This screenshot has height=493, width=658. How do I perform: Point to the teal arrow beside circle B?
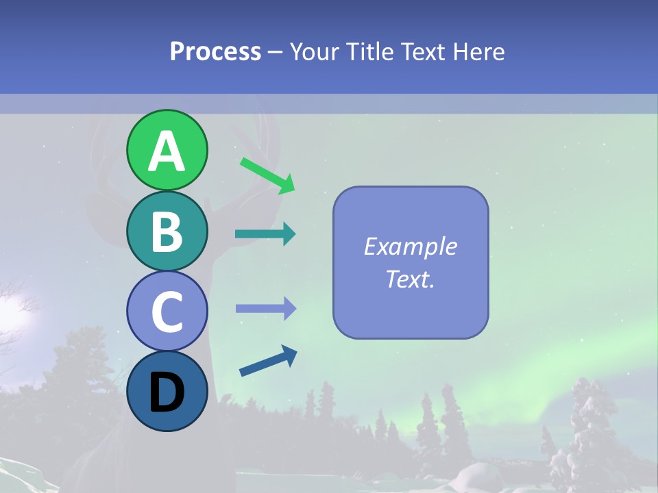click(265, 234)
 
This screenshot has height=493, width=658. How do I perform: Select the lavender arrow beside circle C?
click(266, 309)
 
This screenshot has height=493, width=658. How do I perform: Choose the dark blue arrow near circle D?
click(268, 362)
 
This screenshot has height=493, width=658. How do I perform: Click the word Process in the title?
click(215, 52)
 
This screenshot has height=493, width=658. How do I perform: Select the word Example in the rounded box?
click(410, 246)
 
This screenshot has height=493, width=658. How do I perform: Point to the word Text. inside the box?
click(410, 279)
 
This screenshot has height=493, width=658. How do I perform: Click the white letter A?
click(167, 152)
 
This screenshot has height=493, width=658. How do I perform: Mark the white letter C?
click(167, 312)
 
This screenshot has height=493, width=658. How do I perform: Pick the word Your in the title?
click(315, 52)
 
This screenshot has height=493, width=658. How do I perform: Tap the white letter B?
click(167, 231)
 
